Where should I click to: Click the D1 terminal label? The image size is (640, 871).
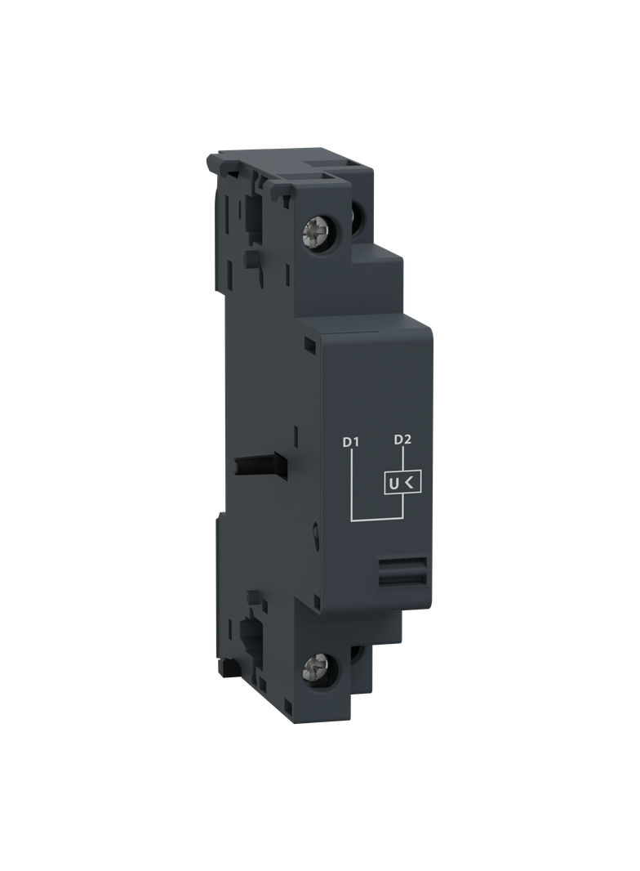[x=351, y=442]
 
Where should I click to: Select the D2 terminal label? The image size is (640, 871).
[x=402, y=440]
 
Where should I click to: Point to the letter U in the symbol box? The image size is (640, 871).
[x=393, y=485]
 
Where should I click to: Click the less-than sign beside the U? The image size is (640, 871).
[x=410, y=483]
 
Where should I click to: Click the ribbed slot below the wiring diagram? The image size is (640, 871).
[x=402, y=572]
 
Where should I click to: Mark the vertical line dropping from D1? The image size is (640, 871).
[x=352, y=485]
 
